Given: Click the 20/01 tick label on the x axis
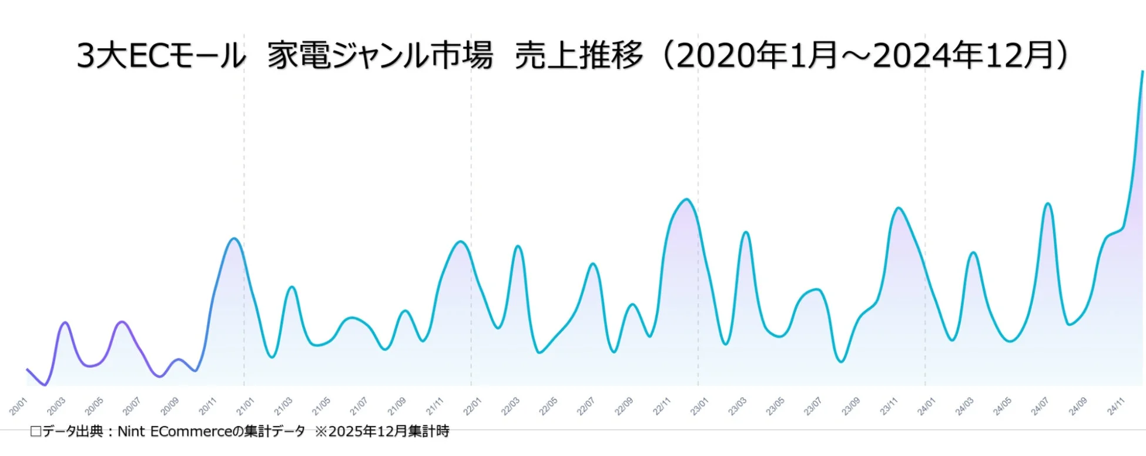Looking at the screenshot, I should point(19,406).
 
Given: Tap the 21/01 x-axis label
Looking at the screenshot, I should point(246,406).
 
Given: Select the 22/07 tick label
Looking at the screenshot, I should point(586,406).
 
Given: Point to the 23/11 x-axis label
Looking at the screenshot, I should point(889,406).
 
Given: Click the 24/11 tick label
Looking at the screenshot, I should point(1115,406).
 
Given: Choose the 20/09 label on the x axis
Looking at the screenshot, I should point(170,406).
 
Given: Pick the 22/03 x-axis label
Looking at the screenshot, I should point(510,406).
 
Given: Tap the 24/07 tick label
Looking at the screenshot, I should point(1040,406).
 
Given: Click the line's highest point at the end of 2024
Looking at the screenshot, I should point(1142,72).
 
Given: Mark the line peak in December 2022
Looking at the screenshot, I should point(686,199).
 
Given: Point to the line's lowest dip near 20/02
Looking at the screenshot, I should point(45,385).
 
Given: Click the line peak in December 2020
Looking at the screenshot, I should point(234,238).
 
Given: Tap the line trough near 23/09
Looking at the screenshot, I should point(841,361).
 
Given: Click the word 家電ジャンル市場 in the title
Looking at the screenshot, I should point(380,56).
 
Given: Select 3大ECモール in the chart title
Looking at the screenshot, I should point(161,56).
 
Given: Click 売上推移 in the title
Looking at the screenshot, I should point(579,56).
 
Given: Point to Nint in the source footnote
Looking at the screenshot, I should point(132,432).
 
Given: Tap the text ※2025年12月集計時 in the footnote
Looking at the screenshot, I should point(382,432).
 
